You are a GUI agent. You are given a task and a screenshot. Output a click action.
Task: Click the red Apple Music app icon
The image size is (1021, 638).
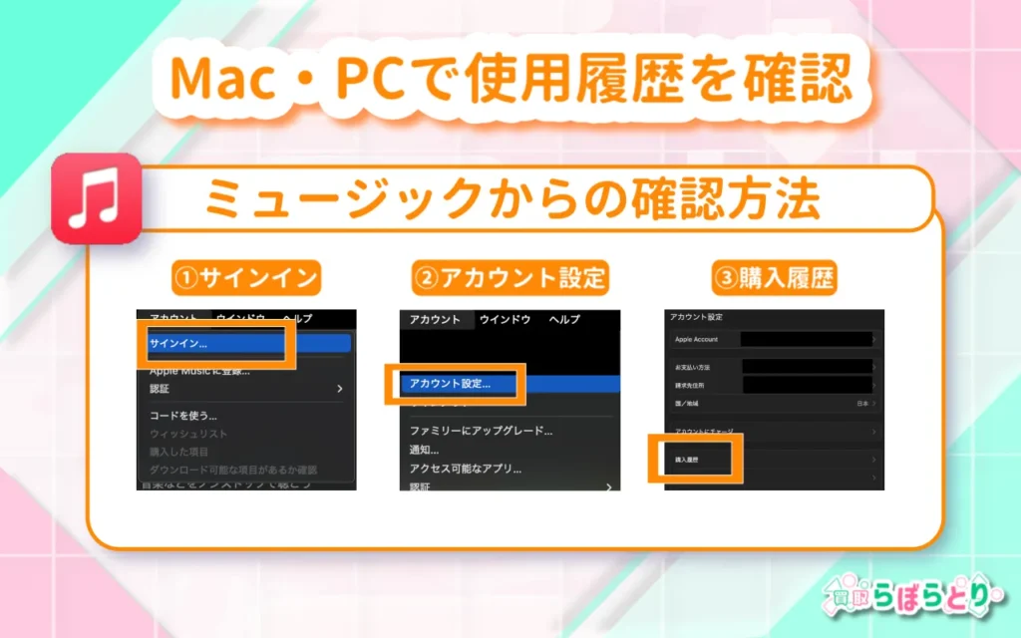point(96,198)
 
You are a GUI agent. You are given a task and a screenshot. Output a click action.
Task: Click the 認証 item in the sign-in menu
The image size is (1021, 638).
point(160,388)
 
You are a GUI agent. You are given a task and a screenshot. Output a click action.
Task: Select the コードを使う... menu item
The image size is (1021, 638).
point(183,415)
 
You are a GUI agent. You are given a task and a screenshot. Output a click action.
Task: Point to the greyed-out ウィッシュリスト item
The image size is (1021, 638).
point(188,434)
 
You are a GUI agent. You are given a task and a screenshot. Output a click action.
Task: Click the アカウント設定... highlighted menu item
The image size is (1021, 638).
point(450,383)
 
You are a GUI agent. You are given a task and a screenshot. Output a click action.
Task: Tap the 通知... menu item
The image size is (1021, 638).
point(425,450)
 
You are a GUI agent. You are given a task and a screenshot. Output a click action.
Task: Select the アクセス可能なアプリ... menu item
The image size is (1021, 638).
point(466,469)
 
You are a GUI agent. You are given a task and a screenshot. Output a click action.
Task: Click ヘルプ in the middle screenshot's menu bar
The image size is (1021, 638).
point(565,320)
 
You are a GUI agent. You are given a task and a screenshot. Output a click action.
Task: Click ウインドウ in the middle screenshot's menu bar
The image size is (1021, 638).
point(504,320)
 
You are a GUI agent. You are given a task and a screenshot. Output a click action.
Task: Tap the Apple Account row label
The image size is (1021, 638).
point(696,340)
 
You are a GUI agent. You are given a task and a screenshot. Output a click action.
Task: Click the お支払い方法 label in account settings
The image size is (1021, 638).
point(693,368)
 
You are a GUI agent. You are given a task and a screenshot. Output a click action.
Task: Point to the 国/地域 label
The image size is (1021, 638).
point(687,404)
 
